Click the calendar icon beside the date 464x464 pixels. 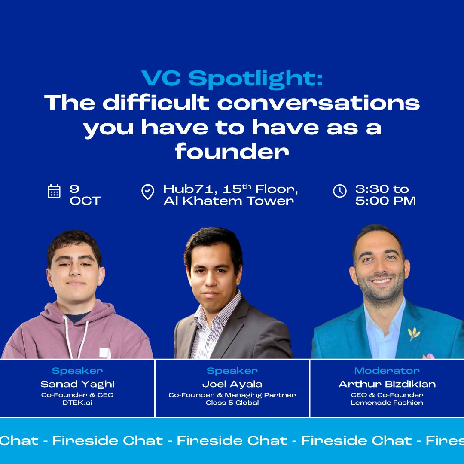tap(54, 191)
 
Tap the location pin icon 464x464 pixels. tap(148, 192)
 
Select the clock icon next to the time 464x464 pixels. tap(340, 191)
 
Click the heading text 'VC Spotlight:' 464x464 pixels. tap(232, 79)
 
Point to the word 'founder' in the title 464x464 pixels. tap(232, 152)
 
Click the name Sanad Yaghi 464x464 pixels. tap(77, 384)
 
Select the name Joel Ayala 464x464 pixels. tap(232, 384)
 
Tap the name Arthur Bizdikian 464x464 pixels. tap(387, 384)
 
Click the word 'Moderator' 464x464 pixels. tap(387, 371)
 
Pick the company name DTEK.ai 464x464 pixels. tap(77, 403)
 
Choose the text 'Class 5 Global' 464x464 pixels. tap(232, 403)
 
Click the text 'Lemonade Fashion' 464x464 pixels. tap(387, 403)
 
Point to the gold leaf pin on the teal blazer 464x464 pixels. tap(414, 333)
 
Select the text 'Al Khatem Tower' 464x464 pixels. tap(229, 201)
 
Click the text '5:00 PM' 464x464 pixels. tap(385, 201)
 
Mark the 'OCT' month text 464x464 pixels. tap(85, 201)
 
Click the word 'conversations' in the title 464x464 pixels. tap(318, 103)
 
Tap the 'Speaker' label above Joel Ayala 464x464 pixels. tap(232, 371)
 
